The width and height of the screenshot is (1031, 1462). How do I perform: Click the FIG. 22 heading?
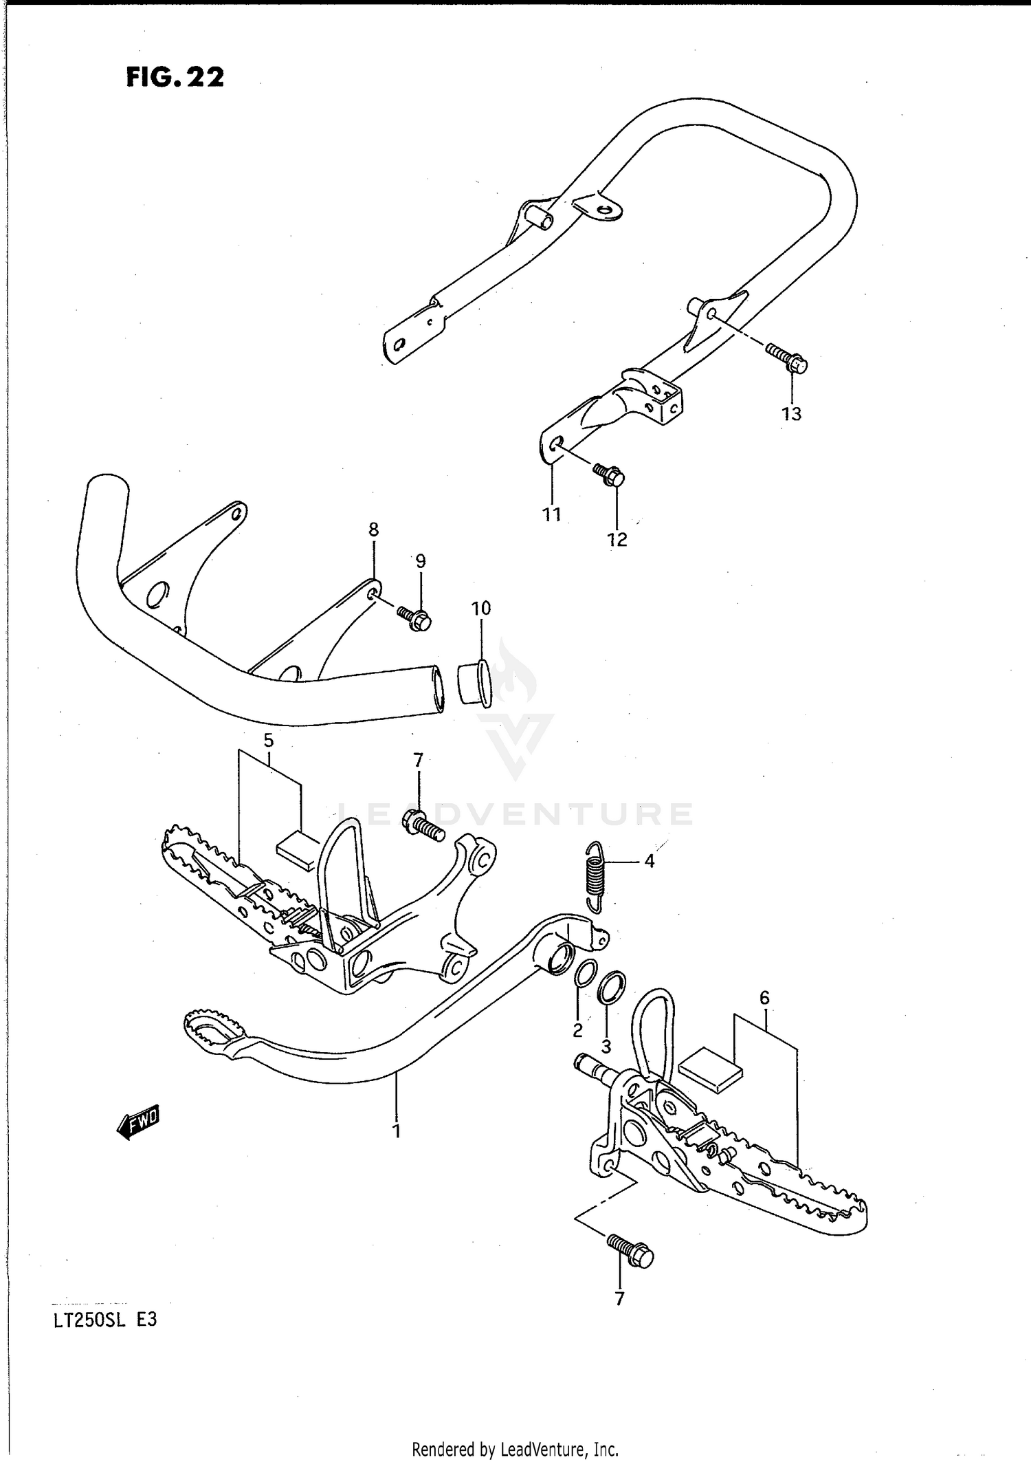175,77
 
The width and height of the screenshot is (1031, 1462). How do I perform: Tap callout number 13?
792,414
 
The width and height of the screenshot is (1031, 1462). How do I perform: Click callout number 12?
617,540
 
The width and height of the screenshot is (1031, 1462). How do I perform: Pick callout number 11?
552,514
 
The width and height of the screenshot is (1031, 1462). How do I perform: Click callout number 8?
373,530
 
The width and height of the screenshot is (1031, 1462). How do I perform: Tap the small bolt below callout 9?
414,618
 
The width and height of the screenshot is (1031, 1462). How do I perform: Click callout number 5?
268,741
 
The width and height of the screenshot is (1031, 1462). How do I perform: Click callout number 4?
649,860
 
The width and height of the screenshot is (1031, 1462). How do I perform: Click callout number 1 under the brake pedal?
397,1131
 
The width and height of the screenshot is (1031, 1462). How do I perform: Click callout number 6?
764,998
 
